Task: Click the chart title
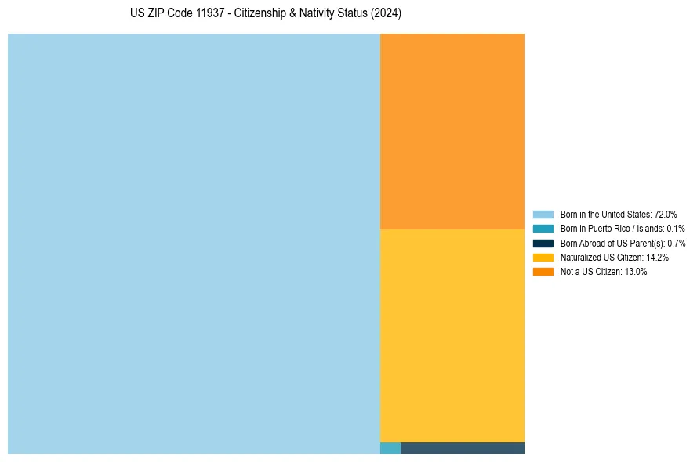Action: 266,14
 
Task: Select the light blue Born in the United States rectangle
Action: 194,244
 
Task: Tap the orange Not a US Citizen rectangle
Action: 452,131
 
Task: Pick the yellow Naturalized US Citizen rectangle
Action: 452,335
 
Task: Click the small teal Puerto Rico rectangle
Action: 390,448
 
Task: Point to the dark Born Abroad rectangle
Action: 463,448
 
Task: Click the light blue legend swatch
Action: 543,214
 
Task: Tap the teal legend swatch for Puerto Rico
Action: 543,229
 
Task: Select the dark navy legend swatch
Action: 543,243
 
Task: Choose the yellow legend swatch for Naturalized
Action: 543,257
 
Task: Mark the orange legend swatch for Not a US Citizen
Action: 543,272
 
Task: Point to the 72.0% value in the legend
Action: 666,214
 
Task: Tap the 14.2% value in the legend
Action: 657,257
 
